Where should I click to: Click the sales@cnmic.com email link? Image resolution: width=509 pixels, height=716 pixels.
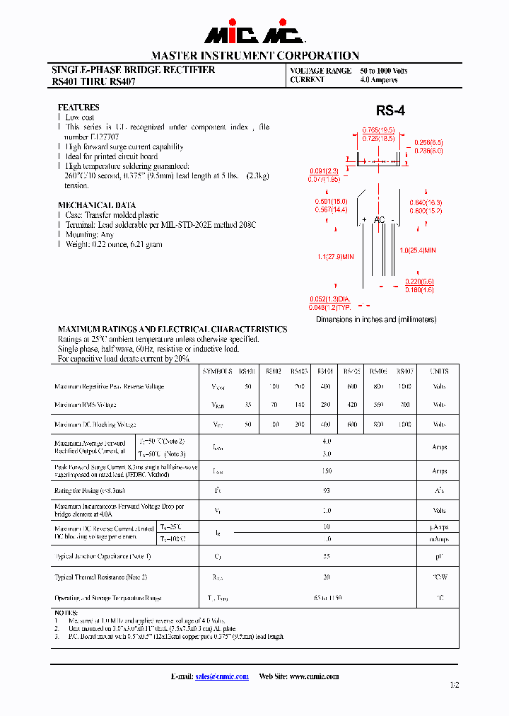221,676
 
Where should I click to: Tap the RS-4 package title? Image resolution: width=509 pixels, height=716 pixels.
390,110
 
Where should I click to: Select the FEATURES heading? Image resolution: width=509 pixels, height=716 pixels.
78,107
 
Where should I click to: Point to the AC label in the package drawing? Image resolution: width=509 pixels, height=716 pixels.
380,220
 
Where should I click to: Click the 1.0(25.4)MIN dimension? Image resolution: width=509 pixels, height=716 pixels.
418,250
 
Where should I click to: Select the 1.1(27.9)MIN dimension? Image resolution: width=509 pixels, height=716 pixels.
334,256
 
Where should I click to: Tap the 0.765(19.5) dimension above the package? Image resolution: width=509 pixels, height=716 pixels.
378,130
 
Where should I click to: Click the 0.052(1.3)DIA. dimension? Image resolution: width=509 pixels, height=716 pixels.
330,299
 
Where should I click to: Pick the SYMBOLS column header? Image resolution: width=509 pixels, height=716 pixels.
217,371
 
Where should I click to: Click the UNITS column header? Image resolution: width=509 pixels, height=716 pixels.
439,371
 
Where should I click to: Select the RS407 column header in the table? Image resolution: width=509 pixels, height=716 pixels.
405,371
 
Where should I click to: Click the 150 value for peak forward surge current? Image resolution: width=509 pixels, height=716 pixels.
327,470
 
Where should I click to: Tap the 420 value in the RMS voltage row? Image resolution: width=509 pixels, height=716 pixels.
351,405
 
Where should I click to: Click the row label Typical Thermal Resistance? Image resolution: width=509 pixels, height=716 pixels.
100,577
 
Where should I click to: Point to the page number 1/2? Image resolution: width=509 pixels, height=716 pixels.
454,685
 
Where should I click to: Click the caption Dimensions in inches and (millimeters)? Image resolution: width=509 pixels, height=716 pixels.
376,319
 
